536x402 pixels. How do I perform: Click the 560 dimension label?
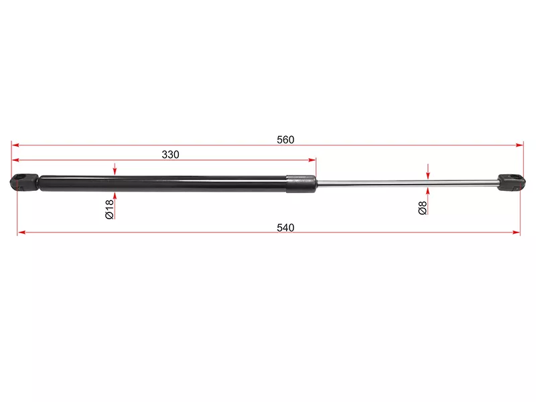click(x=285, y=139)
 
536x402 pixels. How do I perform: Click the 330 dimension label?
click(x=170, y=155)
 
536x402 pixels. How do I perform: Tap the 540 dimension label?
click(x=285, y=228)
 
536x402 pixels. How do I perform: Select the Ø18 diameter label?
click(x=109, y=209)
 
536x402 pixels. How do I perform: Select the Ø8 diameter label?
click(x=423, y=208)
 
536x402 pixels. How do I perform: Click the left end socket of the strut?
click(x=24, y=182)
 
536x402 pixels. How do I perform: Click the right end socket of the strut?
click(x=511, y=182)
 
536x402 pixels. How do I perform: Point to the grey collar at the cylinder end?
click(x=301, y=184)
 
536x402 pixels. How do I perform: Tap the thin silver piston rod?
click(x=407, y=183)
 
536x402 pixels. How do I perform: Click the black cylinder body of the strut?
click(x=163, y=184)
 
